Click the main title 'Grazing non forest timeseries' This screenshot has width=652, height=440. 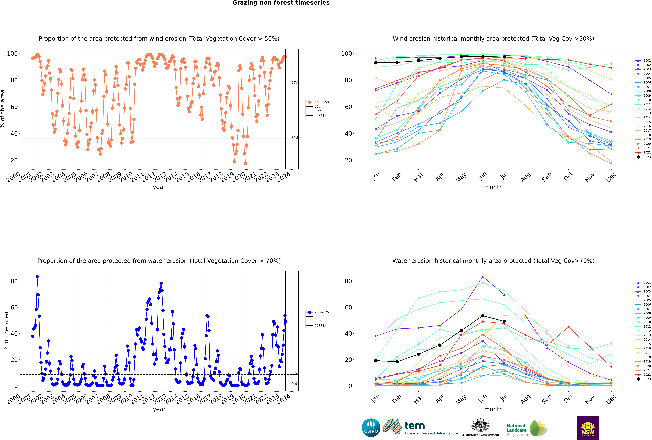281,3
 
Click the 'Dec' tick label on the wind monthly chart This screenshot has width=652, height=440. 611,177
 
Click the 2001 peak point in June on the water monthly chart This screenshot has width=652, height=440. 483,276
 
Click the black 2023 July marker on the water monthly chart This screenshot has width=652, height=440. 504,321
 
